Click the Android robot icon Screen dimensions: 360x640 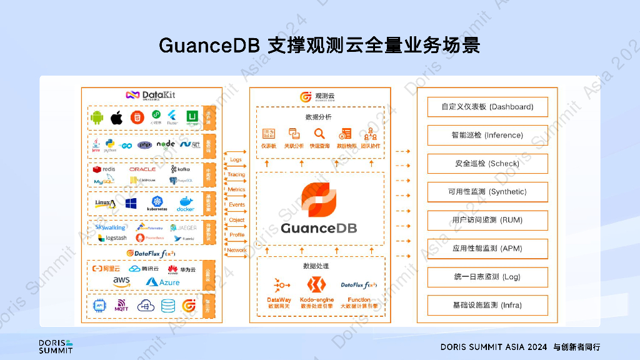[x=97, y=117]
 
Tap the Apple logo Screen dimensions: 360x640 [x=116, y=117]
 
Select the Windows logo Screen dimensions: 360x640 [x=131, y=204]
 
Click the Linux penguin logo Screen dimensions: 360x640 [x=105, y=204]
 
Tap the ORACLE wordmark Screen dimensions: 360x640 [x=142, y=169]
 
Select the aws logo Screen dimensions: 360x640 [x=121, y=282]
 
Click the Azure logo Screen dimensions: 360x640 [x=162, y=282]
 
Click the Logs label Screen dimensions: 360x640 [x=236, y=160]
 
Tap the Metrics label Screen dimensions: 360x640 [x=236, y=189]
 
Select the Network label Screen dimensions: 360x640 [x=236, y=250]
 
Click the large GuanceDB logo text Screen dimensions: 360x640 [x=319, y=228]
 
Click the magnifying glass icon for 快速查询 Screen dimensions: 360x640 [x=319, y=134]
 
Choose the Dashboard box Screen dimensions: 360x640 [x=487, y=107]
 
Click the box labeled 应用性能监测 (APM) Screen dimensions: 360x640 [x=487, y=249]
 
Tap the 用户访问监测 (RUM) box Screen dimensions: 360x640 [x=487, y=220]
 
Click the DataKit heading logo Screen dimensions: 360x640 [x=151, y=95]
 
